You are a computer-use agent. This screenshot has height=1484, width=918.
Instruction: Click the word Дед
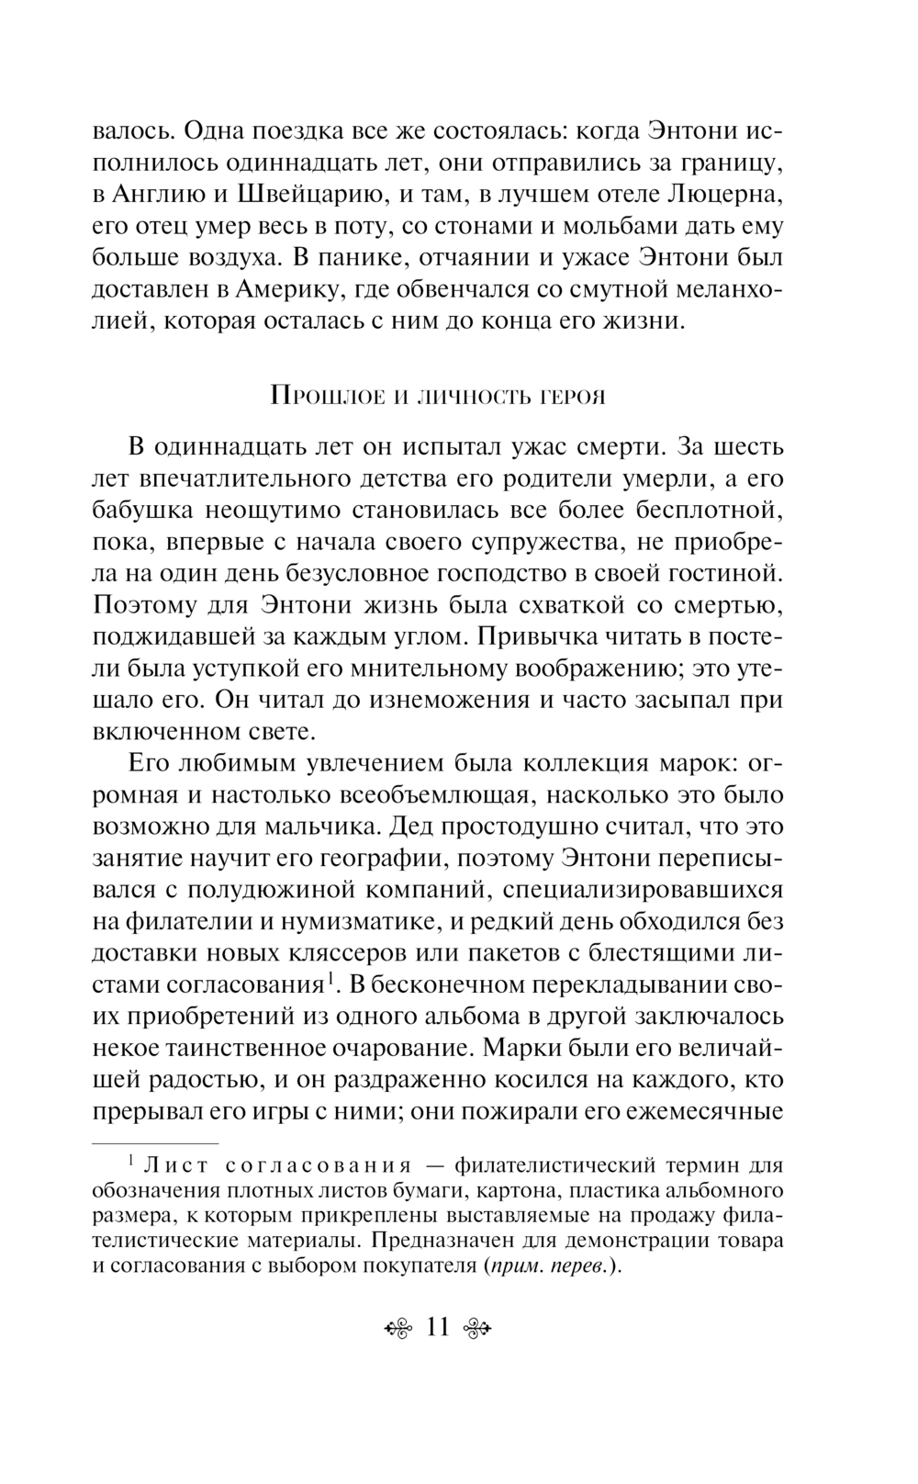(414, 826)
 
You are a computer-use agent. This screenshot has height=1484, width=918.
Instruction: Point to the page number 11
(437, 1327)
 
